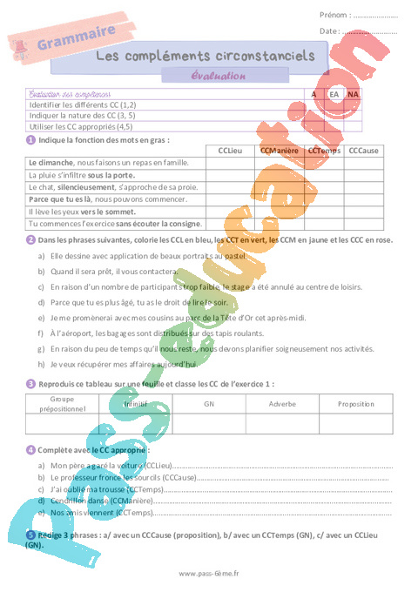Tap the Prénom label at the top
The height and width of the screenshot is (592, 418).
click(334, 15)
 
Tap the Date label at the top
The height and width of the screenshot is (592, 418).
click(329, 30)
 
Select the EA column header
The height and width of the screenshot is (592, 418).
click(334, 93)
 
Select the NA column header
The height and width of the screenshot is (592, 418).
click(352, 93)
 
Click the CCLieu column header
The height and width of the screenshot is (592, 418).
click(229, 151)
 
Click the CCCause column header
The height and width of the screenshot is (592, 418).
click(363, 151)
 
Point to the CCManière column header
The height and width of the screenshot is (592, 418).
click(280, 151)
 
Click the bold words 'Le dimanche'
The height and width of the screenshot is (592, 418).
click(50, 163)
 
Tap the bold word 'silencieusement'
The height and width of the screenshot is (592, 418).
click(88, 187)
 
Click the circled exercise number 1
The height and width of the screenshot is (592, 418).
click(31, 139)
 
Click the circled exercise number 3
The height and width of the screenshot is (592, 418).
click(31, 383)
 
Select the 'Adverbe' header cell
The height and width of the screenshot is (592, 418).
click(282, 404)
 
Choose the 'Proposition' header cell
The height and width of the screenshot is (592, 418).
click(356, 404)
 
